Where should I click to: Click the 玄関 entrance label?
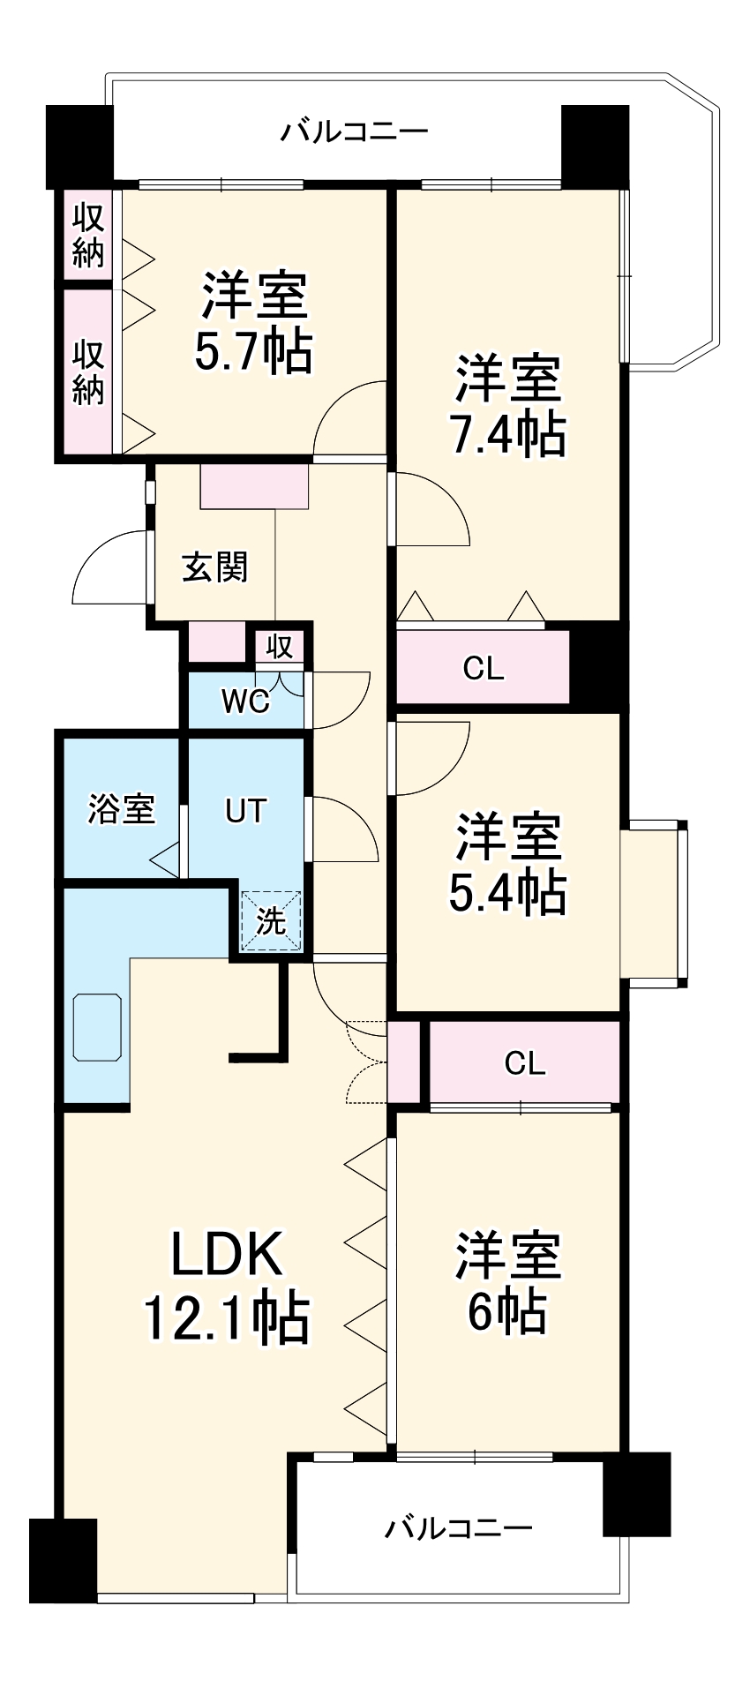[x=215, y=567]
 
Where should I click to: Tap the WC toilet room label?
[x=245, y=702]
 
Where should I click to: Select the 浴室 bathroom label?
[x=122, y=808]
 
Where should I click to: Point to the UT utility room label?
[x=245, y=810]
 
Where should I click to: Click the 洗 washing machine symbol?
[x=272, y=921]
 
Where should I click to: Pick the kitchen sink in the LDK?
[x=98, y=1027]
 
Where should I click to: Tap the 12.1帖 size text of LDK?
[x=226, y=1318]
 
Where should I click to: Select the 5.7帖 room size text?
[x=253, y=351]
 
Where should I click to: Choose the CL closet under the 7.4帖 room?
[x=484, y=669]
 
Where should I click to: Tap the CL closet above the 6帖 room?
[x=525, y=1062]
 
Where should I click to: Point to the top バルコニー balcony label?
[x=355, y=132]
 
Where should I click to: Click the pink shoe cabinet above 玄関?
[x=254, y=487]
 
